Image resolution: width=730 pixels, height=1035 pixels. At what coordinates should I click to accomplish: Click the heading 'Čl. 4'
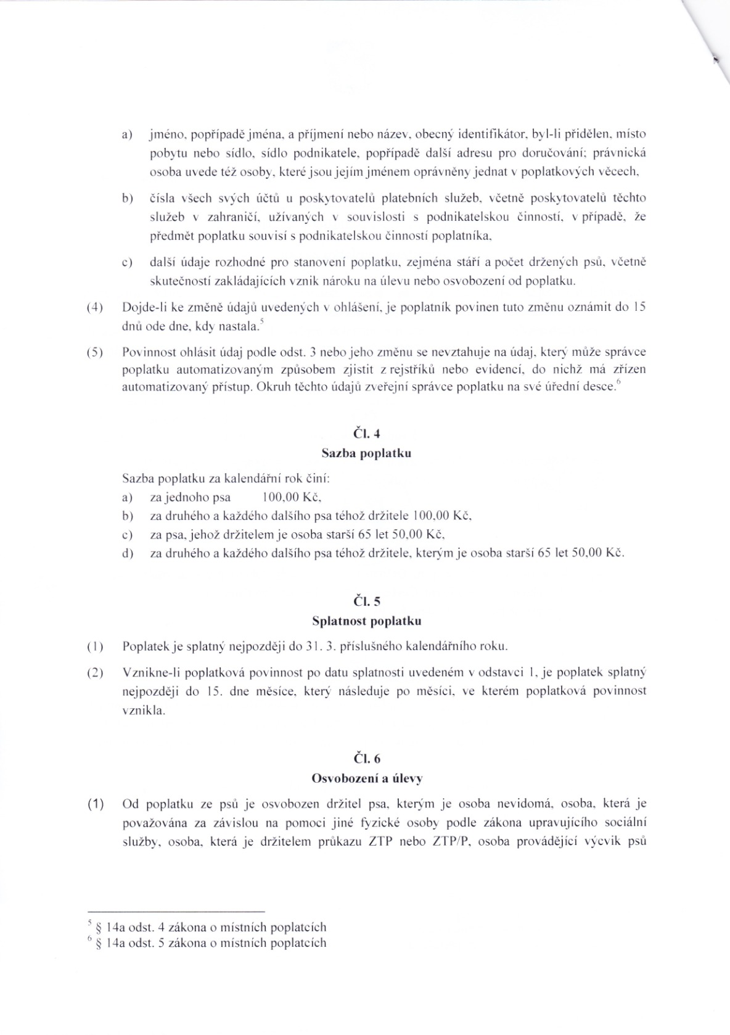pos(366,434)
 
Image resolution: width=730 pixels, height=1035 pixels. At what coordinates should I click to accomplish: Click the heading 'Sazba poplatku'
pos(366,453)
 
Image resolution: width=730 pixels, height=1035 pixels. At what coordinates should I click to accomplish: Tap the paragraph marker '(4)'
pos(95,307)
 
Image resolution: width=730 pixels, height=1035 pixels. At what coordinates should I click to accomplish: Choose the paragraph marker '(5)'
pos(95,352)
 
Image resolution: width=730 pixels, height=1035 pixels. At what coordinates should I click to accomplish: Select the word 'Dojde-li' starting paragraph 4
pos(140,307)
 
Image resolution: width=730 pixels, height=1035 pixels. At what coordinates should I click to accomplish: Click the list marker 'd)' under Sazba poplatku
pos(128,553)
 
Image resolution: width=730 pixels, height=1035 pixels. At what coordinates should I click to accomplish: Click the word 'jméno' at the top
pos(163,134)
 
